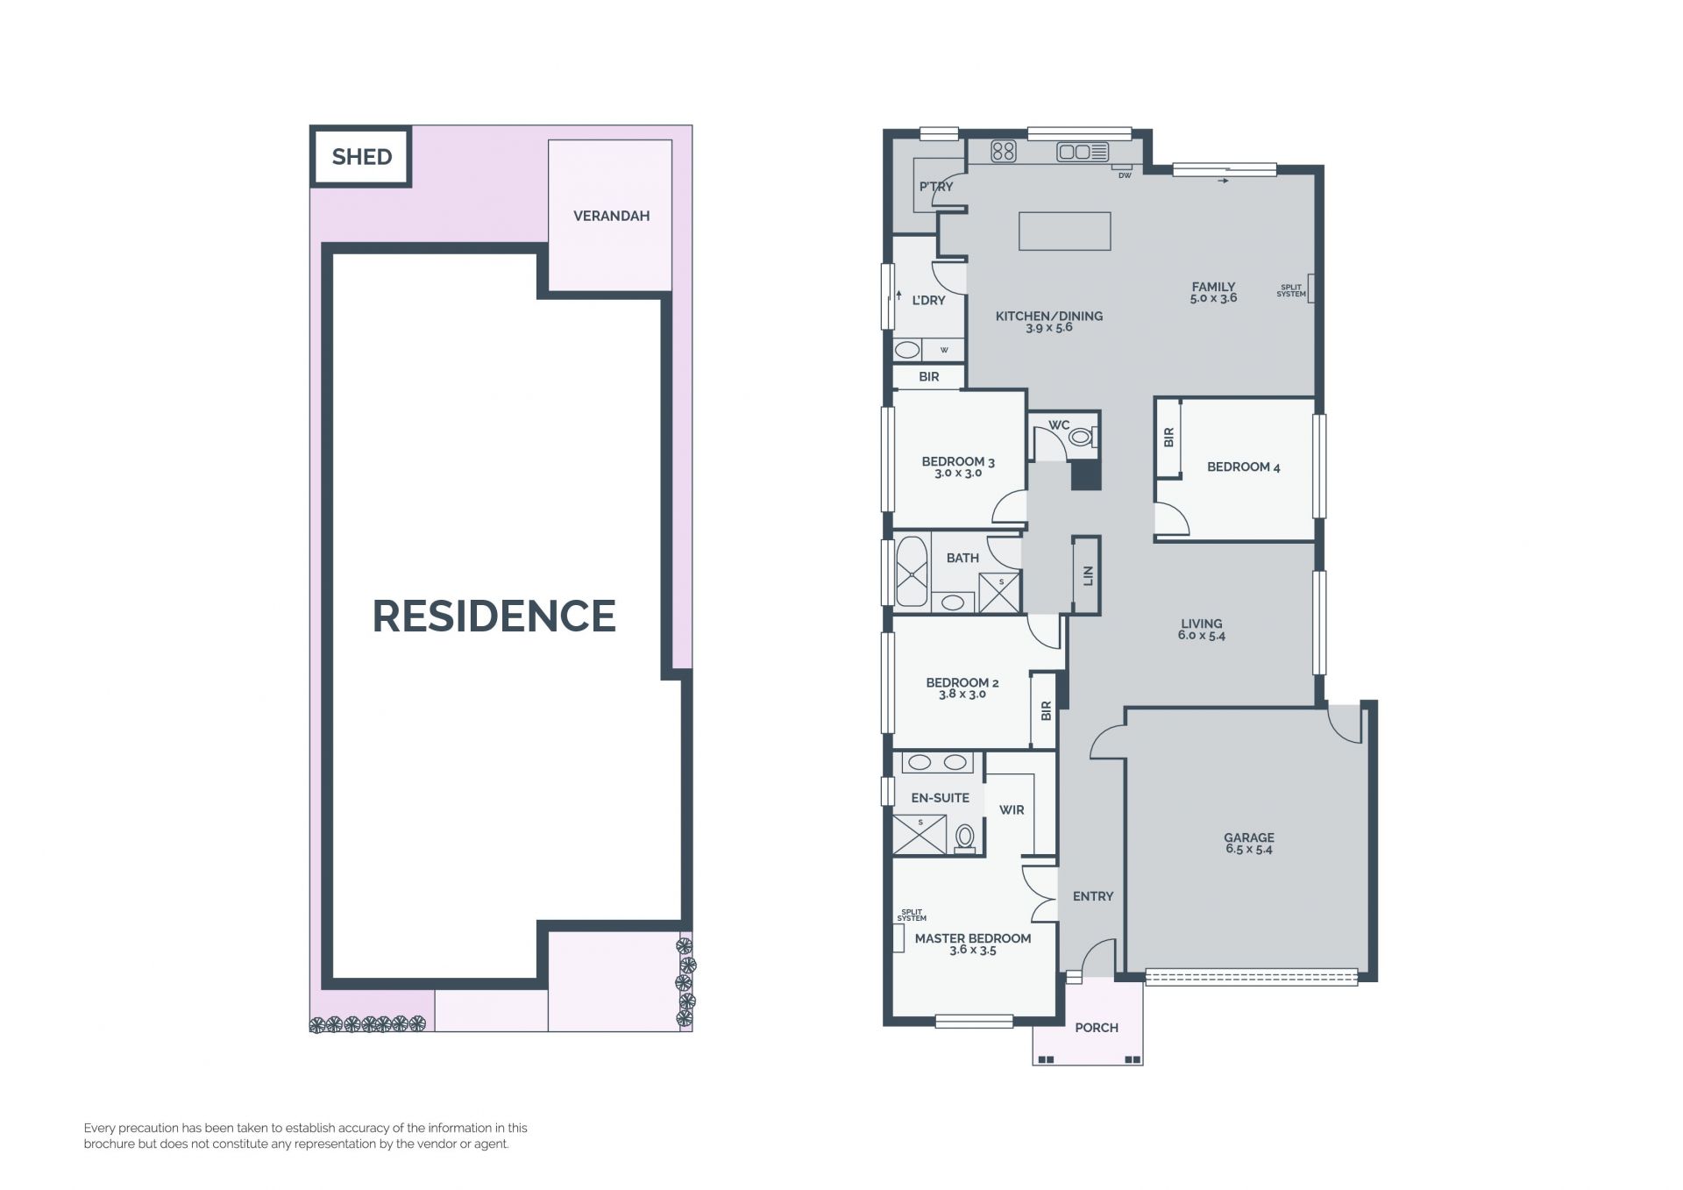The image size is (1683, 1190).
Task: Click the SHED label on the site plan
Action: coord(362,157)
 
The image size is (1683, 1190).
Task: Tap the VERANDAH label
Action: coord(611,216)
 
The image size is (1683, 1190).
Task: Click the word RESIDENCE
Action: coord(494,616)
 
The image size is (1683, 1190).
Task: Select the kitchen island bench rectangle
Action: coord(1064,232)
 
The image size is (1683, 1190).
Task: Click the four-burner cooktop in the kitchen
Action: coord(1004,152)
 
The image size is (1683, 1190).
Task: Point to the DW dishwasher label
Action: coord(1125,175)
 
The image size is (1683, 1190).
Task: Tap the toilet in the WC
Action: coord(1083,435)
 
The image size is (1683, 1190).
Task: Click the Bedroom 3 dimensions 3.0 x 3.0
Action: coord(958,474)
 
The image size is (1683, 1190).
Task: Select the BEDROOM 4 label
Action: coord(1243,467)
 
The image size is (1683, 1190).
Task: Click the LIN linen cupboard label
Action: coord(1088,575)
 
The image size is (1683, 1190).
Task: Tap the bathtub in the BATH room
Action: coord(912,571)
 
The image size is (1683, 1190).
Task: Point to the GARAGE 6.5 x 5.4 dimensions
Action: coord(1248,850)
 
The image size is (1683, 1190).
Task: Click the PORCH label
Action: coord(1097,1028)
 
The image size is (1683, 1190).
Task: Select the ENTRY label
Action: coord(1093,896)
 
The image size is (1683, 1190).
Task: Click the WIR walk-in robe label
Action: coord(1012,810)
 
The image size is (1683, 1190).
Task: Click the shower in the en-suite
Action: coord(920,834)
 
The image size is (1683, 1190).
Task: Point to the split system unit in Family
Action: coord(1311,289)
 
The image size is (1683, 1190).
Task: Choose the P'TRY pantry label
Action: coord(935,187)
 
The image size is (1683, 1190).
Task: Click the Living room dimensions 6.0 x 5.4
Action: coord(1201,636)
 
